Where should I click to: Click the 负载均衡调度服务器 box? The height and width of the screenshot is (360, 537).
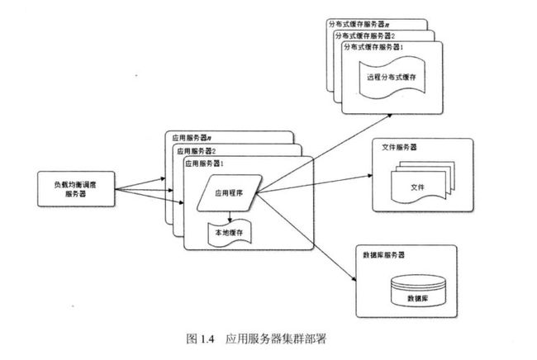(x=76, y=189)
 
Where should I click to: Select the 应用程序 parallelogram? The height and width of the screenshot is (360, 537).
(x=230, y=193)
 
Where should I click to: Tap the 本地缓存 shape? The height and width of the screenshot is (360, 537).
(x=230, y=233)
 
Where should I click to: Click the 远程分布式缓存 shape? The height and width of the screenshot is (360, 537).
(x=392, y=78)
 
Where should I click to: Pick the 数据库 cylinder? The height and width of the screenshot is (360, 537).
(x=418, y=291)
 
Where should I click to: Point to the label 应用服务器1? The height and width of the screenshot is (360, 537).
(x=204, y=163)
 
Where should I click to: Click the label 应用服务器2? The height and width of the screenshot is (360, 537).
(x=197, y=151)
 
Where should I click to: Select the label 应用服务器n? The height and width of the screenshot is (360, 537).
(x=192, y=138)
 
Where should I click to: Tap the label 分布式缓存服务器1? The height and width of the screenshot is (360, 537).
(x=373, y=47)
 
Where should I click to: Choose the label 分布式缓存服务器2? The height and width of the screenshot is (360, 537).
(x=365, y=36)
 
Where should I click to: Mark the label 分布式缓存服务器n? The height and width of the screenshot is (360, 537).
(x=359, y=24)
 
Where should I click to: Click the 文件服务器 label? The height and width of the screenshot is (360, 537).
(x=399, y=147)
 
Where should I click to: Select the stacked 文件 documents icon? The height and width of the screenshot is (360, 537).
(x=423, y=182)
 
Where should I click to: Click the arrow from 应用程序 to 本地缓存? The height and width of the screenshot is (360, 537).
(x=230, y=216)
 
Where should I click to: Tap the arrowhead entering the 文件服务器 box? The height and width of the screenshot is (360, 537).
(x=370, y=176)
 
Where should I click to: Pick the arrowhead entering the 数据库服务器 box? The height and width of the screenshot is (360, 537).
(x=354, y=279)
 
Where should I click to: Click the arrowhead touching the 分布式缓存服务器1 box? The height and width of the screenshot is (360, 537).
(x=390, y=116)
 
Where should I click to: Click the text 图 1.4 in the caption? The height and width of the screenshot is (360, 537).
(x=200, y=339)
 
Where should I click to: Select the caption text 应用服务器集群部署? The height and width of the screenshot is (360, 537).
(x=276, y=339)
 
